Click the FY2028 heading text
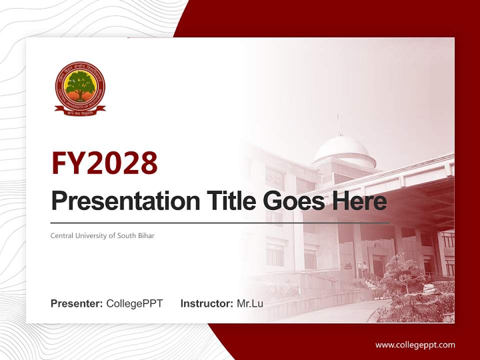click(x=104, y=163)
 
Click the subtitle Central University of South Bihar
click(x=102, y=235)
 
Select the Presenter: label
click(x=77, y=303)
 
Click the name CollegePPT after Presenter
click(x=134, y=303)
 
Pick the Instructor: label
click(x=206, y=303)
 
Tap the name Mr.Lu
click(x=250, y=303)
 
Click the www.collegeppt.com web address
click(x=415, y=344)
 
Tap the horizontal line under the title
click(x=220, y=222)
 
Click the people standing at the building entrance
click(x=362, y=269)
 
